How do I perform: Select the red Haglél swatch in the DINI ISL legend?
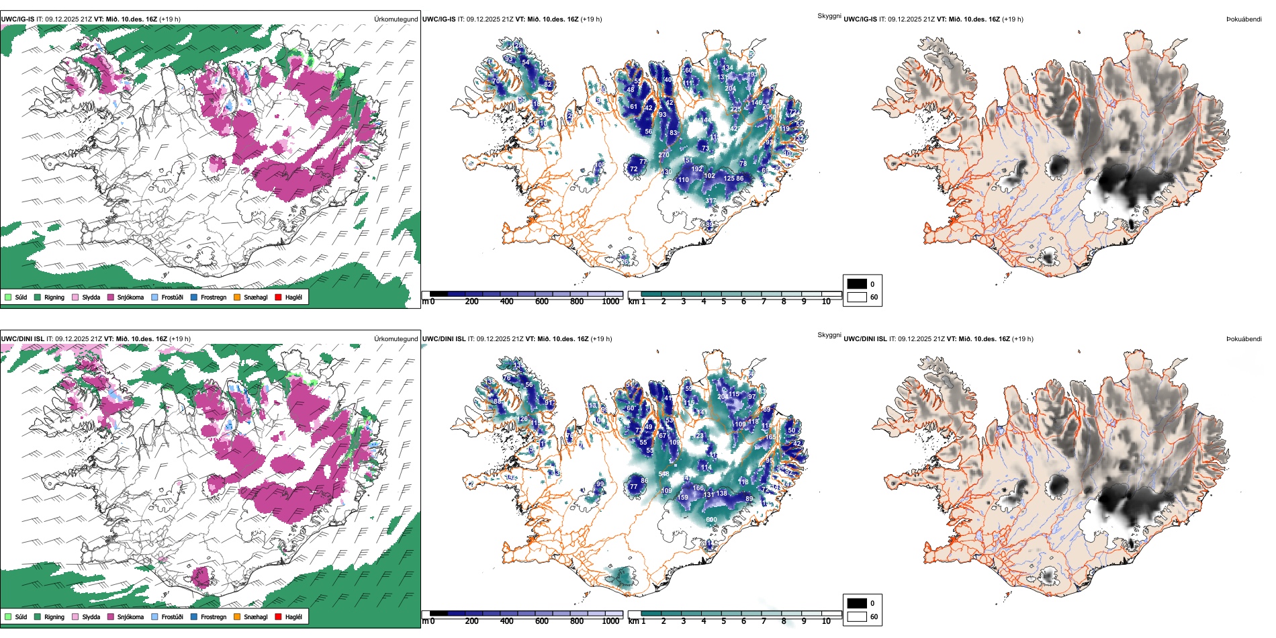tap(278, 617)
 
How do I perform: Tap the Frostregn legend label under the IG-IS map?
tap(214, 297)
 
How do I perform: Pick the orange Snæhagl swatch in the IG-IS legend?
tap(237, 297)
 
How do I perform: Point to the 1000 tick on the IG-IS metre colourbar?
tap(610, 302)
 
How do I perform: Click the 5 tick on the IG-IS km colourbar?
tap(724, 302)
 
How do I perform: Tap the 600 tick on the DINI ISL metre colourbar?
tap(542, 621)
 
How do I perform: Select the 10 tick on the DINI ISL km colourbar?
tap(826, 621)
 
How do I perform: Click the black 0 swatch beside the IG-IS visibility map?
tap(857, 284)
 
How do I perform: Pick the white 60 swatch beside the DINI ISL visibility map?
tap(857, 617)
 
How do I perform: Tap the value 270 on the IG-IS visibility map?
tap(664, 155)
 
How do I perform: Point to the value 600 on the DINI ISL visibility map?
tap(711, 519)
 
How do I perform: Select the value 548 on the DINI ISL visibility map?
tap(664, 474)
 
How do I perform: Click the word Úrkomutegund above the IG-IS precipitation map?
tap(396, 19)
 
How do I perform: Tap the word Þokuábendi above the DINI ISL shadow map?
tap(1244, 339)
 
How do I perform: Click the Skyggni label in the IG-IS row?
tap(829, 16)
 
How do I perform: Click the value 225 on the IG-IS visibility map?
tap(736, 109)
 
